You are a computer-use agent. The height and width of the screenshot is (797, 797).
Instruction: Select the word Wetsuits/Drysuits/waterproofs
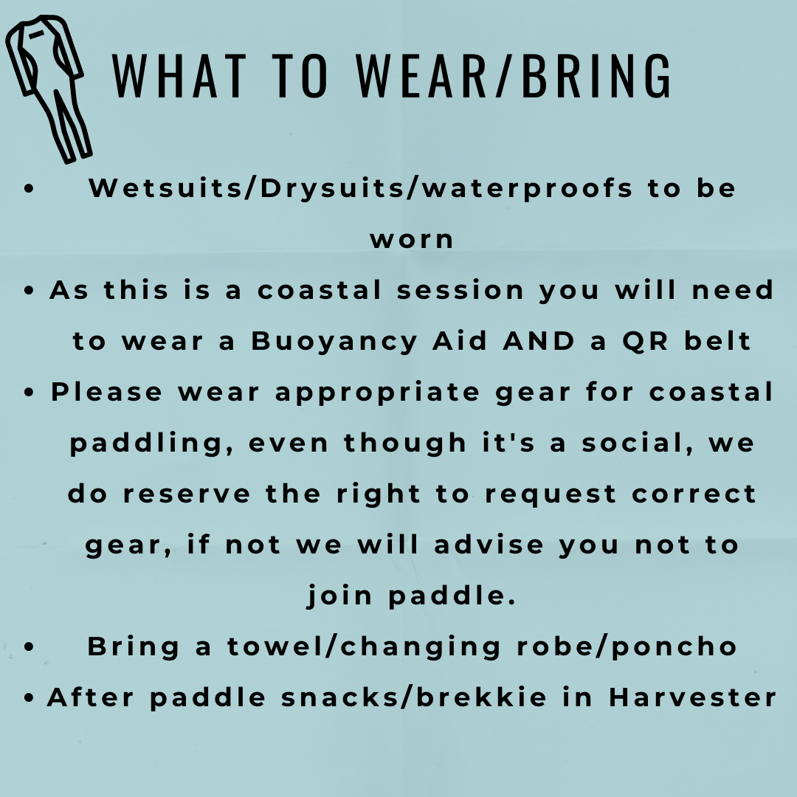click(360, 189)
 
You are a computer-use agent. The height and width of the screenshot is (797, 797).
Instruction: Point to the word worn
click(412, 239)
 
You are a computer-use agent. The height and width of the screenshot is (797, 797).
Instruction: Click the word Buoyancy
click(334, 341)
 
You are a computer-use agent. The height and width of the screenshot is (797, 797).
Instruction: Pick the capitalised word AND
click(539, 340)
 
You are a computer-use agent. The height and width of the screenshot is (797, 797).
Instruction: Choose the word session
click(460, 290)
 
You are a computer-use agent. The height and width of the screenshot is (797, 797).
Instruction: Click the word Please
click(106, 392)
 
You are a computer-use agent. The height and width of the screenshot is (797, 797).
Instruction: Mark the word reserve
click(187, 494)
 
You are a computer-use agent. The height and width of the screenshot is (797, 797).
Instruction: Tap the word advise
click(489, 545)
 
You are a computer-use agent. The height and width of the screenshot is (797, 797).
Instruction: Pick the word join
click(339, 596)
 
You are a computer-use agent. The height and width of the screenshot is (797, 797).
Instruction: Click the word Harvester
click(692, 697)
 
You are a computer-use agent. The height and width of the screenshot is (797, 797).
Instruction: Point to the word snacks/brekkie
click(414, 697)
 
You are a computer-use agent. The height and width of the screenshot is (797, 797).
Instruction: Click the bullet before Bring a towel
click(29, 646)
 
